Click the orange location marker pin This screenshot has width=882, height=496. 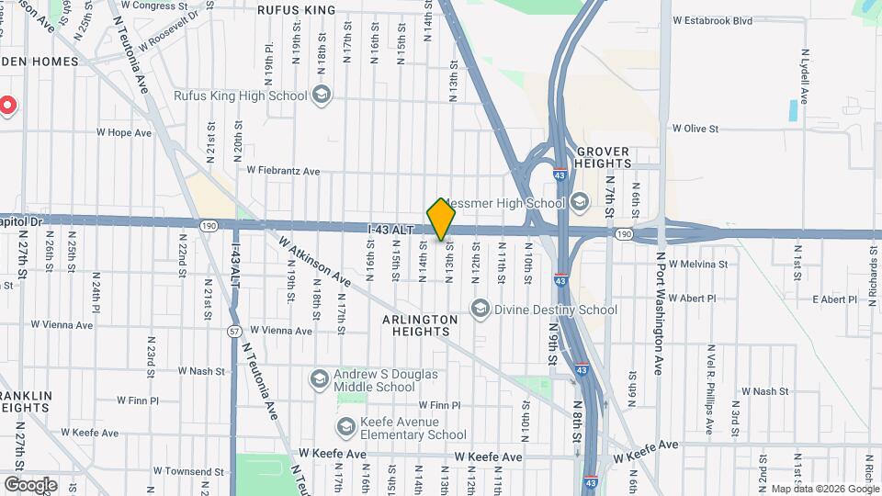[442, 220]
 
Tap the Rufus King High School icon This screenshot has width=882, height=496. [322, 94]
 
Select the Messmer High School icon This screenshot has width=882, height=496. [579, 202]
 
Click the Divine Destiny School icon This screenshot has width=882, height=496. [479, 309]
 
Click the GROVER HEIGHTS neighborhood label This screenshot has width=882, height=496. [604, 157]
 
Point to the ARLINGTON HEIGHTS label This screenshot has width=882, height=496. [420, 325]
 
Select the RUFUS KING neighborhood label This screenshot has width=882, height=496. [296, 10]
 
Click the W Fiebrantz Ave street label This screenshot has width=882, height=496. [283, 170]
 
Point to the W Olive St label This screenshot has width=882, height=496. [695, 129]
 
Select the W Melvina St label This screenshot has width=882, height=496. [698, 264]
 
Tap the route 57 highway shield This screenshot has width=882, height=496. [234, 330]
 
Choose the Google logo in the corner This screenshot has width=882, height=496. [29, 485]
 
